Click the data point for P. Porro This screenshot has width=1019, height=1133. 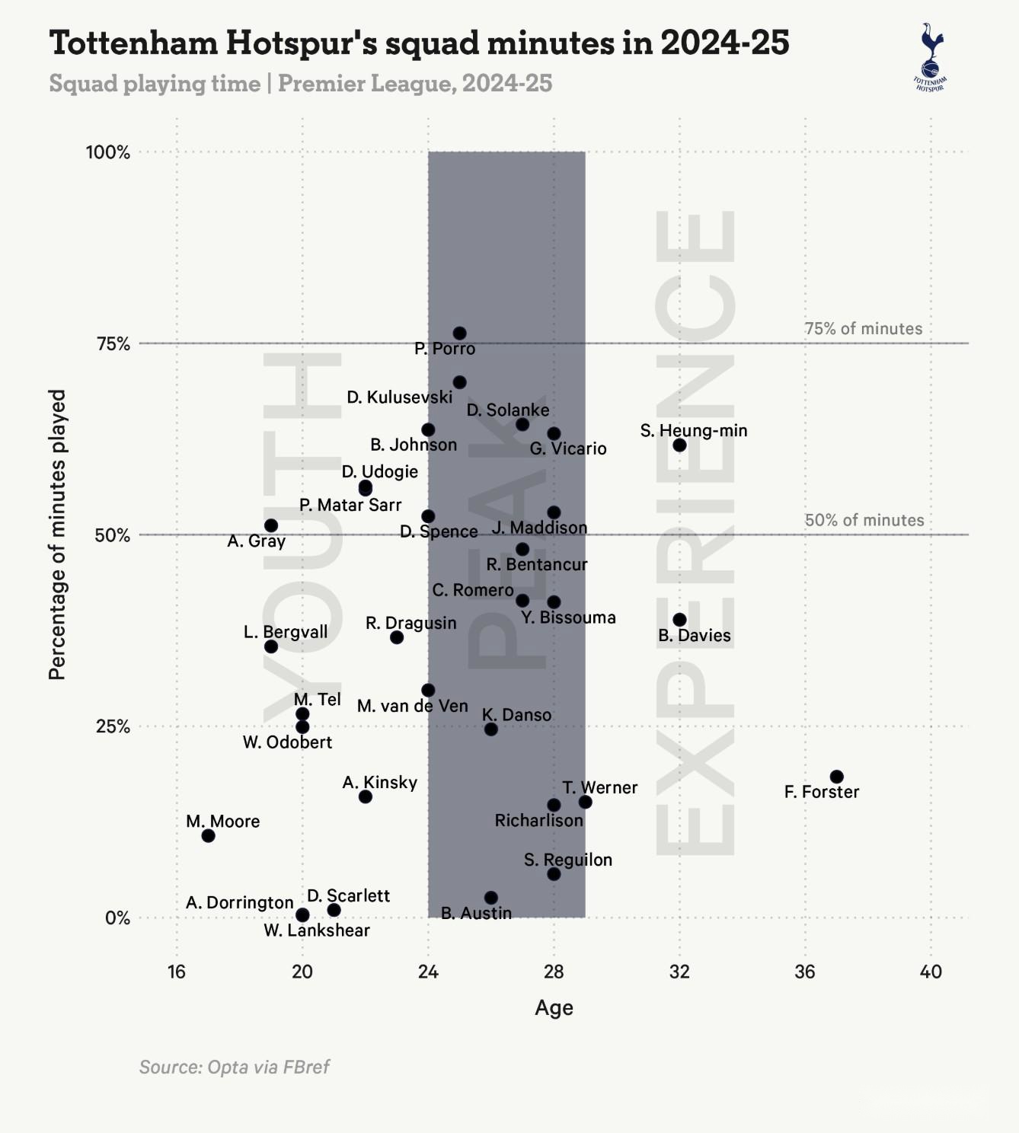pyautogui.click(x=459, y=334)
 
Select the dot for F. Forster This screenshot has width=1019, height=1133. pyautogui.click(x=836, y=777)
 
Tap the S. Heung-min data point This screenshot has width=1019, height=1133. pyautogui.click(x=679, y=445)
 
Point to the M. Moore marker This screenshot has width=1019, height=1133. pyautogui.click(x=208, y=836)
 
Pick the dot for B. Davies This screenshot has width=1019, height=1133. pyautogui.click(x=679, y=620)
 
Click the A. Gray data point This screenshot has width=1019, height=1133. pyautogui.click(x=271, y=525)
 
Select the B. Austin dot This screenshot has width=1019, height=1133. pyautogui.click(x=491, y=898)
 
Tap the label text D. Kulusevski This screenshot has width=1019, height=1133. pyautogui.click(x=399, y=397)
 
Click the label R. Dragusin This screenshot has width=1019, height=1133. pyautogui.click(x=410, y=623)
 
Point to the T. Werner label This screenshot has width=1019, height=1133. pyautogui.click(x=600, y=787)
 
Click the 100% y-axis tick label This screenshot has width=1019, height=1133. pyautogui.click(x=108, y=152)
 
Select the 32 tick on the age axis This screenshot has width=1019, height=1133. pyautogui.click(x=679, y=972)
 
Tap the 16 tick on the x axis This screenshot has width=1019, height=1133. pyautogui.click(x=177, y=972)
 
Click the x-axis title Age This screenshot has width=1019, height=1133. pyautogui.click(x=554, y=1008)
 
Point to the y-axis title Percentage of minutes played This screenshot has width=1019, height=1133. pyautogui.click(x=58, y=535)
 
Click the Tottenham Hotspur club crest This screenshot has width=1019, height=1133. pyautogui.click(x=930, y=57)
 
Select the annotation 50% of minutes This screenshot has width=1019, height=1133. pyautogui.click(x=864, y=520)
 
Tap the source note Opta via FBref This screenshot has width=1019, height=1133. pyautogui.click(x=234, y=1067)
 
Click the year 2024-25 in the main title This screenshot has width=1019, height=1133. pyautogui.click(x=724, y=43)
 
